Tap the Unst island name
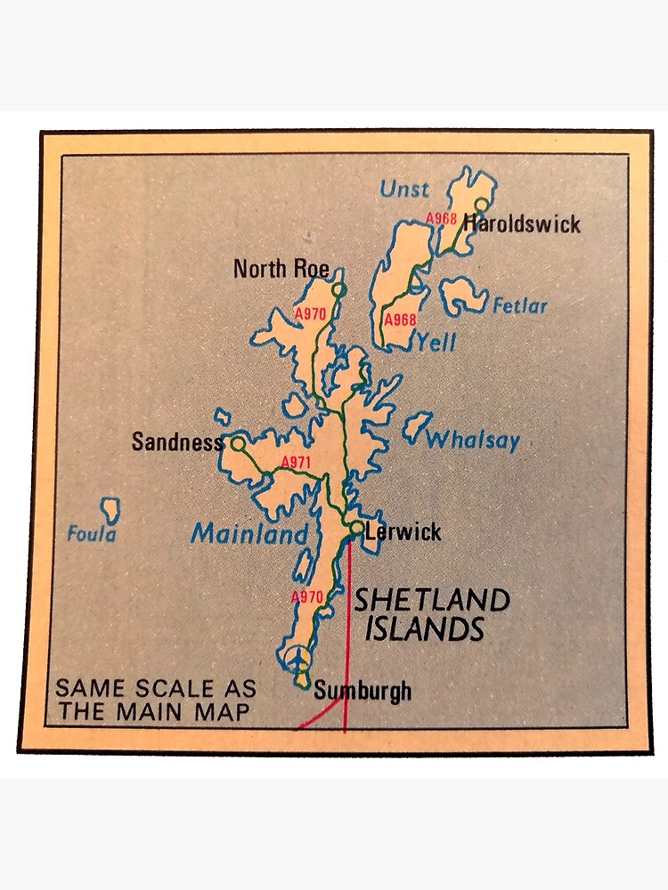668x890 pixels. pos(403,189)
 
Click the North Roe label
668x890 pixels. pos(281,268)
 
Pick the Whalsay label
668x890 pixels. pos(472,440)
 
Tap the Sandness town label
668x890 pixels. pos(177,441)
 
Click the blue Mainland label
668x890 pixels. pos(250,534)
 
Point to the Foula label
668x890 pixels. pos(92,535)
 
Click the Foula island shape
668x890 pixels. pos(111,510)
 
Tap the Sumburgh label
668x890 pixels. pos(363,690)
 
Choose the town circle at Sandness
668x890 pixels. pos(238,441)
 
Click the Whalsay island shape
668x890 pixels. pos(416,425)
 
